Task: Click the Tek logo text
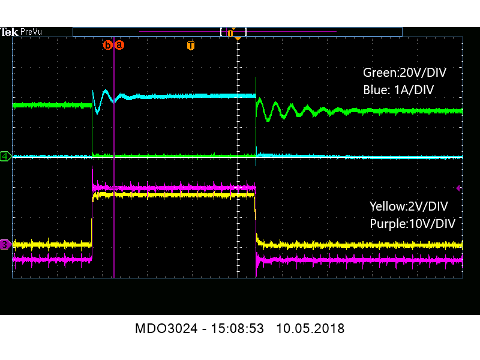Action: (x=9, y=32)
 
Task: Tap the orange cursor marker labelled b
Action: (x=108, y=44)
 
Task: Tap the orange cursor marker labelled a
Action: (x=119, y=44)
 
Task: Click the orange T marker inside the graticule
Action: (x=191, y=46)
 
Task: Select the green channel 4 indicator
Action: (x=5, y=157)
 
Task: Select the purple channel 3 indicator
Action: (x=5, y=244)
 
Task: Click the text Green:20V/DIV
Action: (x=404, y=73)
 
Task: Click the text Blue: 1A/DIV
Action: (x=398, y=89)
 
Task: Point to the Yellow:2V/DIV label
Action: (x=409, y=206)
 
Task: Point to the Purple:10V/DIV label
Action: (x=412, y=223)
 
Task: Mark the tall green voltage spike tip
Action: (x=256, y=78)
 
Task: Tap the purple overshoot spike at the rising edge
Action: (x=92, y=170)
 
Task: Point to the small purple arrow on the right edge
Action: (x=458, y=188)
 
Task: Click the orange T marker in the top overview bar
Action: (x=230, y=32)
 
